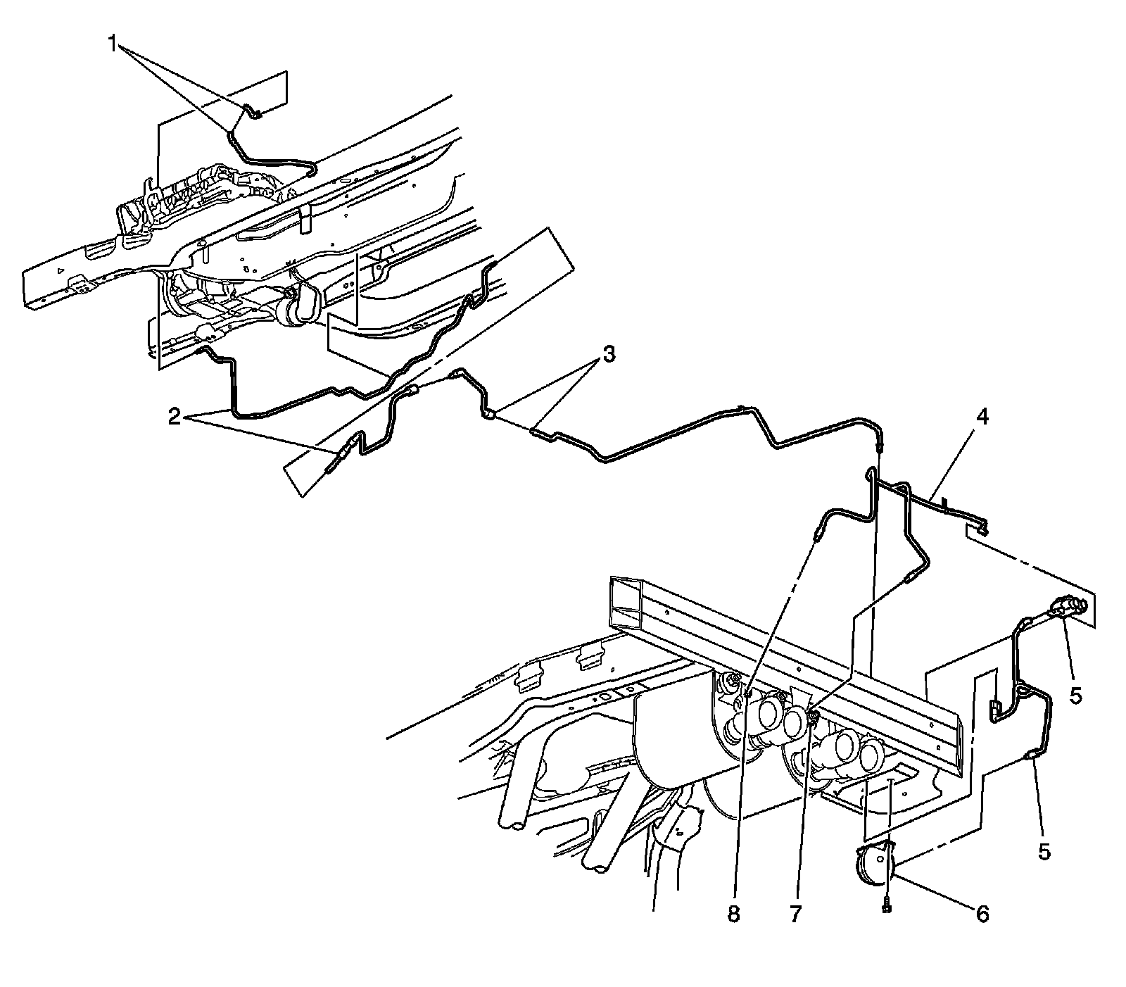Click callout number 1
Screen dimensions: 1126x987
coord(113,44)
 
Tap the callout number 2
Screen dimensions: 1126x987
coord(174,417)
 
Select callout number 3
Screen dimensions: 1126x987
coord(608,354)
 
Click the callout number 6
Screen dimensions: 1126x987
coord(982,914)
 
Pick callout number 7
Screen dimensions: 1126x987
coord(795,914)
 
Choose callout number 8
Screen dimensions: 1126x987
coord(733,914)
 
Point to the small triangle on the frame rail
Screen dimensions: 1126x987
coord(61,271)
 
